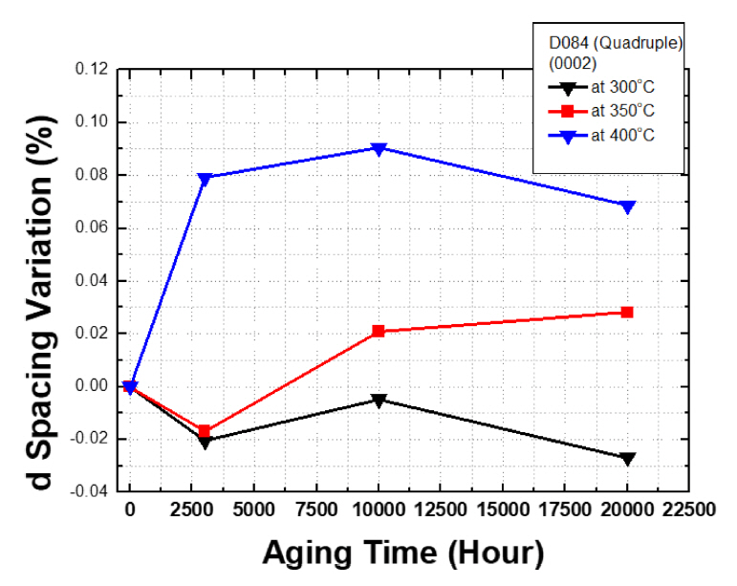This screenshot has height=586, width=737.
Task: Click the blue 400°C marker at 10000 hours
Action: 379,148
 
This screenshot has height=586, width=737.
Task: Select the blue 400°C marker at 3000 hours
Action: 205,178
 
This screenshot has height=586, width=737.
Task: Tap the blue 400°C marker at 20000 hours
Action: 628,206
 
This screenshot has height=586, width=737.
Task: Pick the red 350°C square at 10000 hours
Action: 379,331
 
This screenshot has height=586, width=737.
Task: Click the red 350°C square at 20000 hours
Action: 628,313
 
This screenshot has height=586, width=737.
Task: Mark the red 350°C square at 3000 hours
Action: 205,431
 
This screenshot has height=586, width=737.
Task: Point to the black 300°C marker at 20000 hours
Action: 628,459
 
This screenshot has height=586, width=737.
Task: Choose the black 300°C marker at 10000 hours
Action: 379,401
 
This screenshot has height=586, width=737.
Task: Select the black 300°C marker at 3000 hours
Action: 205,442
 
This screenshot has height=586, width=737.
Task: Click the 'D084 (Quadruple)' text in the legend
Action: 608,45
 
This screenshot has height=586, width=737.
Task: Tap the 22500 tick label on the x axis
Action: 689,510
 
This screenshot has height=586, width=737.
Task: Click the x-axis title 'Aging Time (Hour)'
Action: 403,553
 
